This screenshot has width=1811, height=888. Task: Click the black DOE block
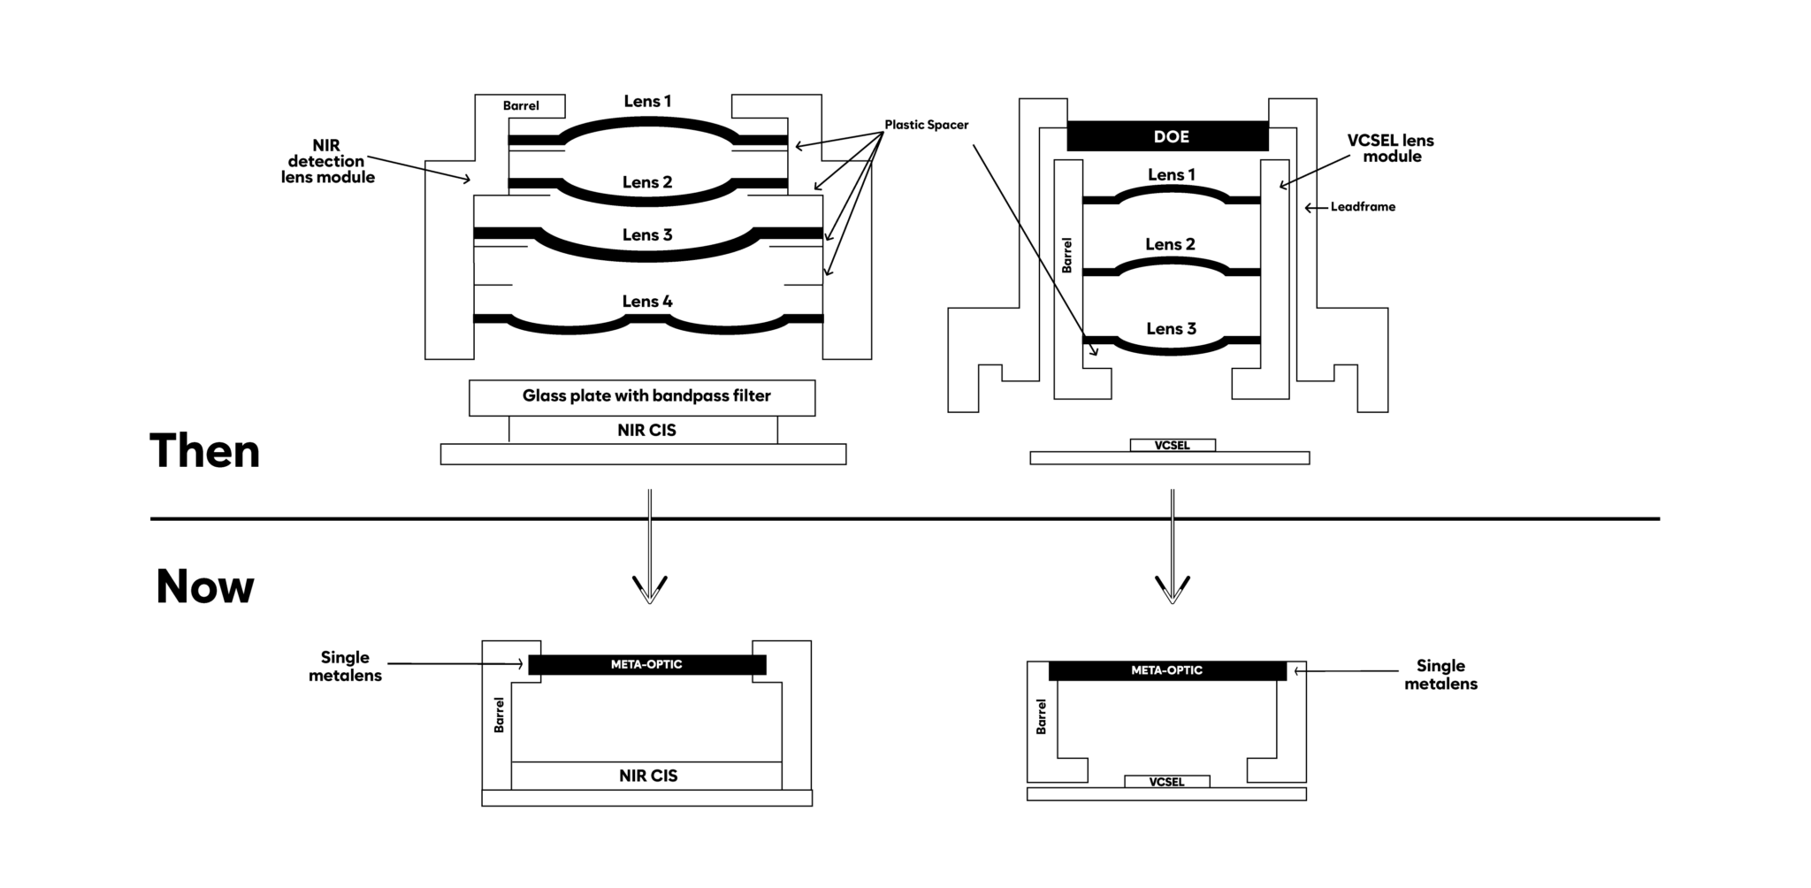click(x=1167, y=136)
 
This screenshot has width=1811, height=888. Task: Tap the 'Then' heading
click(x=204, y=451)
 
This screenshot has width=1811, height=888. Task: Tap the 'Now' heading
click(x=204, y=586)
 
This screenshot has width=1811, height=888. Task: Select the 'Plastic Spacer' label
click(x=926, y=125)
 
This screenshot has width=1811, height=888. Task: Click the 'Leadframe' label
click(x=1362, y=207)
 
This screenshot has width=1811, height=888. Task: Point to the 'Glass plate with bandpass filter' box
click(x=642, y=397)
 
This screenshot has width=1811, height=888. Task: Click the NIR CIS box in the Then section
click(x=646, y=431)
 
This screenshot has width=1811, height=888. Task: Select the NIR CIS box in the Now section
click(x=647, y=776)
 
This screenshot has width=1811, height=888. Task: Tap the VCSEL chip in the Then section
click(x=1172, y=446)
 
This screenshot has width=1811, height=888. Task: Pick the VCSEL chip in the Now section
click(x=1166, y=782)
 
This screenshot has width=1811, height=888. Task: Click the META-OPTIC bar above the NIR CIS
click(x=646, y=664)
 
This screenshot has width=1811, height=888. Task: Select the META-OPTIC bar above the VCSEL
click(x=1166, y=670)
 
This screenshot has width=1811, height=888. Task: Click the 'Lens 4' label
click(x=646, y=302)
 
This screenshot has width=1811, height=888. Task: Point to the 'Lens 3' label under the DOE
click(x=1171, y=329)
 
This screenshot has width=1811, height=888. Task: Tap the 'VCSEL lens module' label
click(x=1391, y=149)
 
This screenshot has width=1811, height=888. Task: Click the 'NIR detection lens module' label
click(x=327, y=161)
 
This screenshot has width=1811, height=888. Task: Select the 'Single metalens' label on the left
click(x=345, y=666)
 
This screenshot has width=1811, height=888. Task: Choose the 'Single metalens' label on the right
click(x=1440, y=675)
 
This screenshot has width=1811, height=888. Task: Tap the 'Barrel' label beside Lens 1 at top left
click(x=521, y=106)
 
